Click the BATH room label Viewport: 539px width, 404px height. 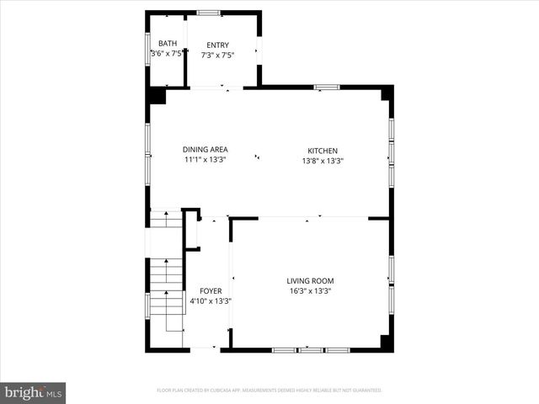tap(168, 44)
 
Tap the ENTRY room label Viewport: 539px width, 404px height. tap(217, 45)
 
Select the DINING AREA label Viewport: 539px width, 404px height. tap(205, 150)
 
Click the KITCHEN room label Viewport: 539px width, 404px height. tap(323, 151)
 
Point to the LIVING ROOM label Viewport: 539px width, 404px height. tap(311, 281)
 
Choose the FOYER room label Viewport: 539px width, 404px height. tap(211, 290)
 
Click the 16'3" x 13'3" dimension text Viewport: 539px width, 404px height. tap(311, 292)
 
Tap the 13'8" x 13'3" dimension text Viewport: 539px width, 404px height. tap(323, 161)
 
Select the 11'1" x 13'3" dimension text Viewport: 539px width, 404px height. tap(205, 160)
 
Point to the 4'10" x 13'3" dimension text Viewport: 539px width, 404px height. tap(211, 300)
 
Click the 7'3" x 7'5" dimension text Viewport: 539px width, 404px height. tap(217, 56)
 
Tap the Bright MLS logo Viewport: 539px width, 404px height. tap(34, 392)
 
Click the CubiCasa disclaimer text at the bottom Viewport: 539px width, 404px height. tap(269, 391)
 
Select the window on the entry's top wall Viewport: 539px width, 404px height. tap(209, 13)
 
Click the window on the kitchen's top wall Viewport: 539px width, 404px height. tap(326, 87)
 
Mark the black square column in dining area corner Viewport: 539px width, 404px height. tap(157, 95)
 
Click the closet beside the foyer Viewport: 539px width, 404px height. tap(192, 230)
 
